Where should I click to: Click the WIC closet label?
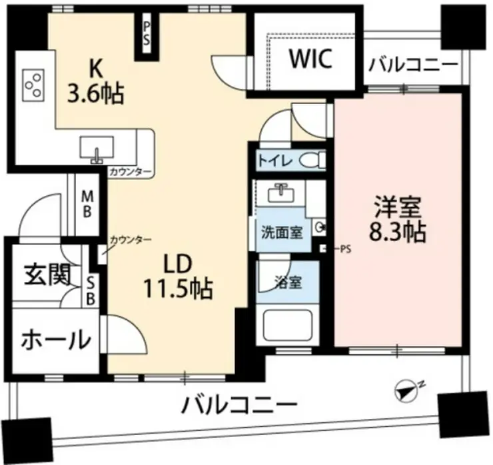pyautogui.click(x=310, y=59)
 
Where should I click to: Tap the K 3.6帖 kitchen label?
pyautogui.click(x=95, y=81)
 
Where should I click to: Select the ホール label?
pyautogui.click(x=55, y=339)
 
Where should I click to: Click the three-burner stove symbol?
pyautogui.click(x=31, y=85)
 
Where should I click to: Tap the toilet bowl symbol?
pyautogui.click(x=310, y=160)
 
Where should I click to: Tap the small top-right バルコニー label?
pyautogui.click(x=413, y=65)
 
